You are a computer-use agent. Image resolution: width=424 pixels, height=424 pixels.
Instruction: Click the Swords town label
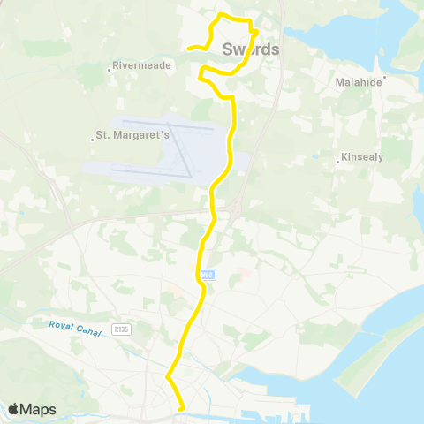coord(251,49)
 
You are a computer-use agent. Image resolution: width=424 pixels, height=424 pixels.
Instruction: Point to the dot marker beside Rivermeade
coord(112,66)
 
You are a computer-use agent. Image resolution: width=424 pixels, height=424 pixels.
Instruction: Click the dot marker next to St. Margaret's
coord(94,137)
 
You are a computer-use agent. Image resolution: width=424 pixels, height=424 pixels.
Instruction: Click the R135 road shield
coord(121,329)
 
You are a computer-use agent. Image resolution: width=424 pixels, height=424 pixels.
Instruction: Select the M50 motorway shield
coord(206,275)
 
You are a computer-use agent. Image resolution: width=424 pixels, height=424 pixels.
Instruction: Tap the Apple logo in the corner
coord(15,409)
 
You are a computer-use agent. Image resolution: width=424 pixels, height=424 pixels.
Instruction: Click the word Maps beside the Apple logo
coord(39,409)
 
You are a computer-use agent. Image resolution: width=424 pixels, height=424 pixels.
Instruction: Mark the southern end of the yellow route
coord(182,408)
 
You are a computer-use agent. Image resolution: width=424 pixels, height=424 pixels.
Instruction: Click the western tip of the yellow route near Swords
coord(189,49)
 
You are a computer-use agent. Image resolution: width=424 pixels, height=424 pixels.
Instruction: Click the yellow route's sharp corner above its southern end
coord(167,377)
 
